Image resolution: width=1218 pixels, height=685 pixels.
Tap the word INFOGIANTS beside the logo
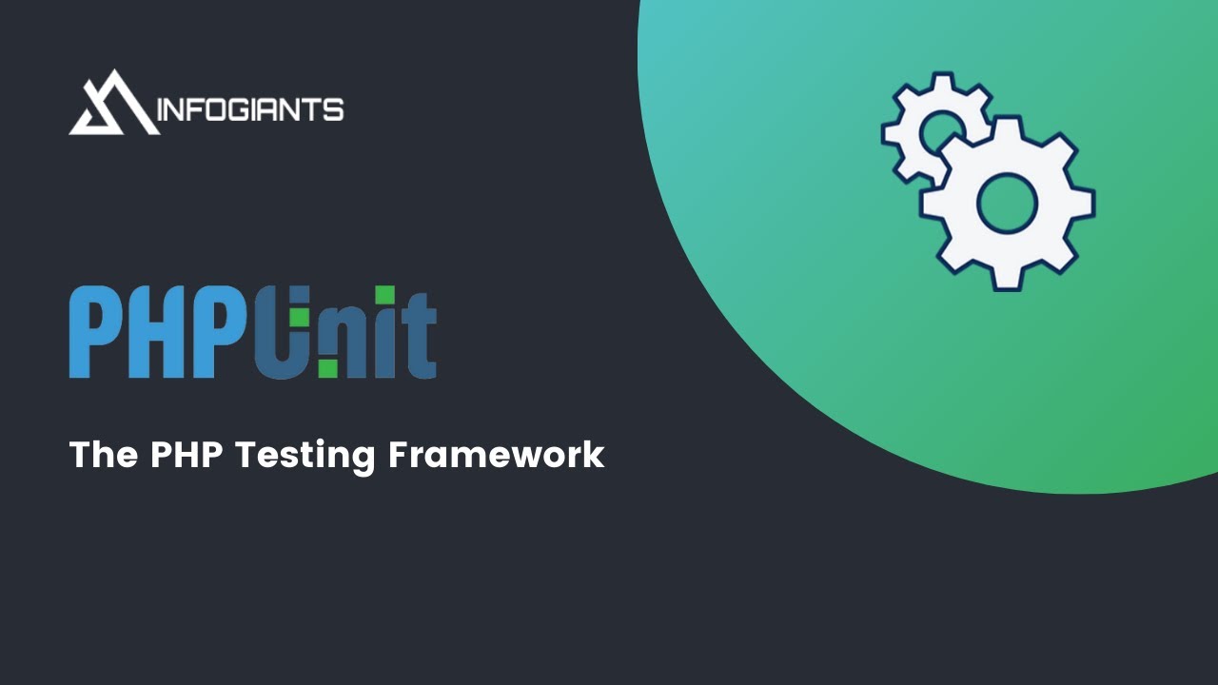pyautogui.click(x=249, y=110)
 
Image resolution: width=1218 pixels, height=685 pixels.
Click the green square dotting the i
pyautogui.click(x=383, y=296)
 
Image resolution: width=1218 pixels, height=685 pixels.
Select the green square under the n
pyautogui.click(x=328, y=368)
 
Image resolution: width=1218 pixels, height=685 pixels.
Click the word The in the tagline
pyautogui.click(x=104, y=455)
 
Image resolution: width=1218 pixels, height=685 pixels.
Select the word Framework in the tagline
pyautogui.click(x=496, y=455)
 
